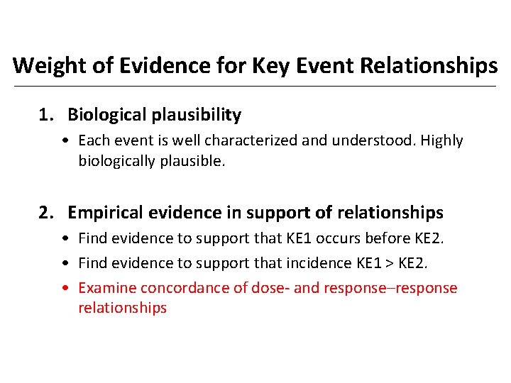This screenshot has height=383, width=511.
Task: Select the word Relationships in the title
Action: [x=429, y=66]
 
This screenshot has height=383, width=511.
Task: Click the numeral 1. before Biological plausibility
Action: [x=46, y=114]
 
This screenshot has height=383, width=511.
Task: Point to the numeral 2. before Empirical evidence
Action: [x=46, y=212]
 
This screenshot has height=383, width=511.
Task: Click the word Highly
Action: [x=442, y=140]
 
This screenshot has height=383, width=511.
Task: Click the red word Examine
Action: [x=107, y=288]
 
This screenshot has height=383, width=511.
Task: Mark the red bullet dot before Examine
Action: [x=65, y=289]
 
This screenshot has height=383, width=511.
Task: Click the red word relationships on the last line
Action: [x=122, y=308]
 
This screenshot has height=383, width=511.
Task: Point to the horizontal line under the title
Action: [x=255, y=87]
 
